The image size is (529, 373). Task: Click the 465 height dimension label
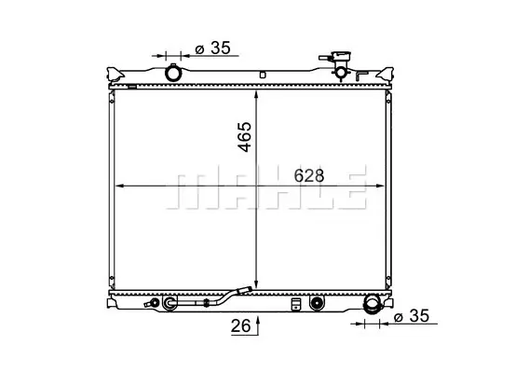click(x=245, y=137)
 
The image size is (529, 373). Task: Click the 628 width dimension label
click(x=308, y=175)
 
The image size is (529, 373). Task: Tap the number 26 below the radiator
click(x=241, y=326)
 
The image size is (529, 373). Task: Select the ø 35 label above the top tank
click(x=213, y=48)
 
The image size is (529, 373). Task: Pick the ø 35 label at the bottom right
click(x=412, y=316)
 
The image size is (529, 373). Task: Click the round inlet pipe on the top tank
click(x=173, y=73)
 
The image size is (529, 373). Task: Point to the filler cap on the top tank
click(x=341, y=57)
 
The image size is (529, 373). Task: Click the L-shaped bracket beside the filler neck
click(x=361, y=76)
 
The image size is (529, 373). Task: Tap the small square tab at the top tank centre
click(x=263, y=75)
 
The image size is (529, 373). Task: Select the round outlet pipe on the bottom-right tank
click(x=371, y=304)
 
